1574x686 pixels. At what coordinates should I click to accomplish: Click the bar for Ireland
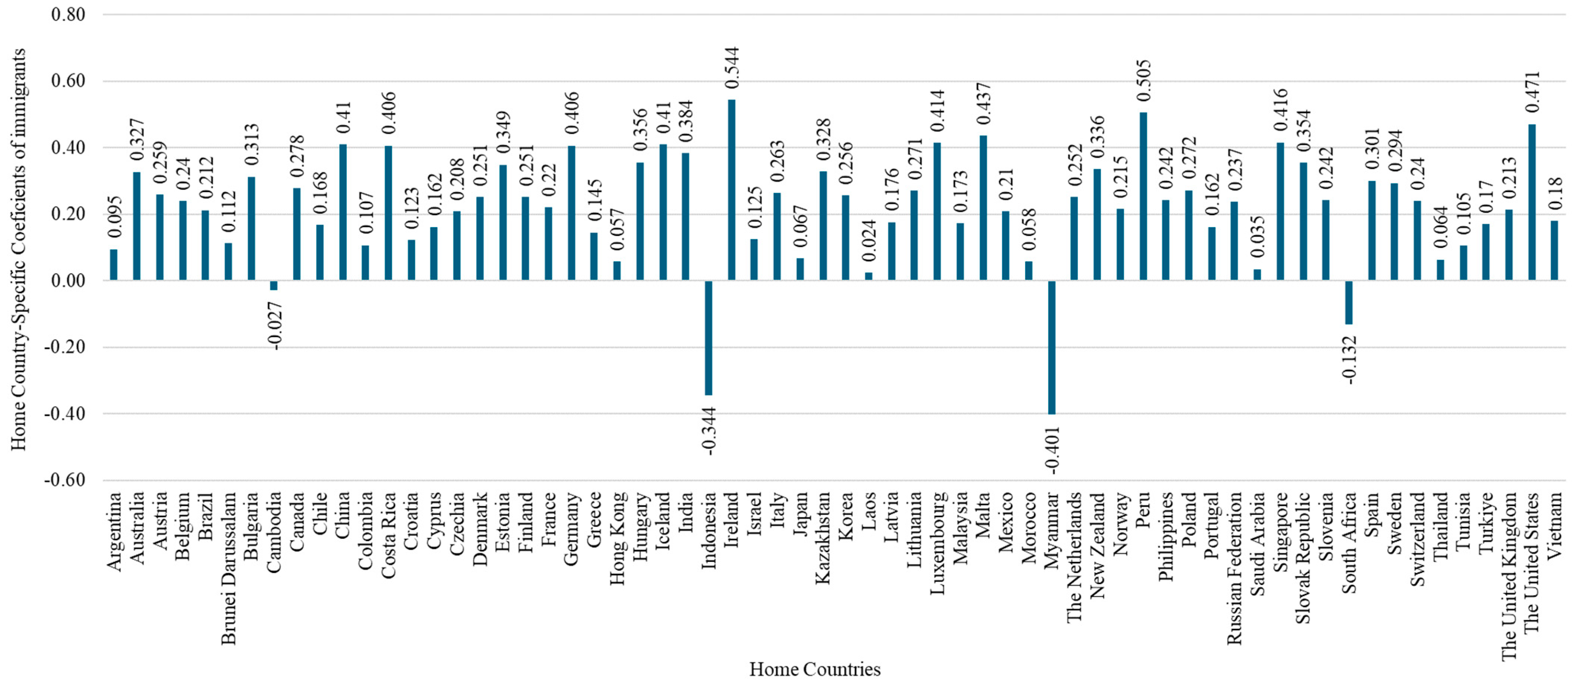pos(731,190)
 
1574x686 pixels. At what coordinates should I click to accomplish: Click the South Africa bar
pos(1349,302)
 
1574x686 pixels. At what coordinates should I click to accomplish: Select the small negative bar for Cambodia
pos(274,285)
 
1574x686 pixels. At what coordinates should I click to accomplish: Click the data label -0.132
pos(1349,360)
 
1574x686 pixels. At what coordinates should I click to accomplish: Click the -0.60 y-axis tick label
pos(65,480)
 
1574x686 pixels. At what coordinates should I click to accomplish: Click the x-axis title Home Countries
pos(814,669)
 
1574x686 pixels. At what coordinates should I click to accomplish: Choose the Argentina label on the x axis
pos(114,531)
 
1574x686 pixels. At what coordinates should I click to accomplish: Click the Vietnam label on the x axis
pos(1555,525)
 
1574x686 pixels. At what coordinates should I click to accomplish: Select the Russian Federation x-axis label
pos(1234,569)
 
